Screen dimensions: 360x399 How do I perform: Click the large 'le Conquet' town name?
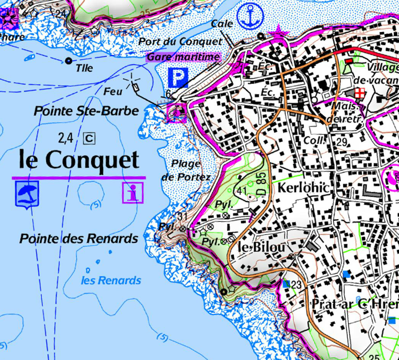[79, 160]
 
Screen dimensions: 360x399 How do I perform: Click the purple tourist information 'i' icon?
[133, 192]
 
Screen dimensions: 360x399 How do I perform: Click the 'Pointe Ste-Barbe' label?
[86, 111]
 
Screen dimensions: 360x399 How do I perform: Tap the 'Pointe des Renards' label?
[79, 239]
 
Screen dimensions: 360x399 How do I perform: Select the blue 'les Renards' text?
[111, 280]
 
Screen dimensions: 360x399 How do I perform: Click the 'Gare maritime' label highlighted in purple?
[184, 57]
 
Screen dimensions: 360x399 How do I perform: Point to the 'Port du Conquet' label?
[180, 42]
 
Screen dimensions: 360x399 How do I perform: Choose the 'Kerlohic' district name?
[303, 188]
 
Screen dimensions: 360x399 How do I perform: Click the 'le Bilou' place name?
[262, 247]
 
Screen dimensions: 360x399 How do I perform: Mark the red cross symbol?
[360, 93]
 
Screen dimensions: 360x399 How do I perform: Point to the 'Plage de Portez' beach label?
[186, 170]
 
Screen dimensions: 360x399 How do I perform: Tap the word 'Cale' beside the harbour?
[222, 24]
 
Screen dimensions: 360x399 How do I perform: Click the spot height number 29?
[342, 142]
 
